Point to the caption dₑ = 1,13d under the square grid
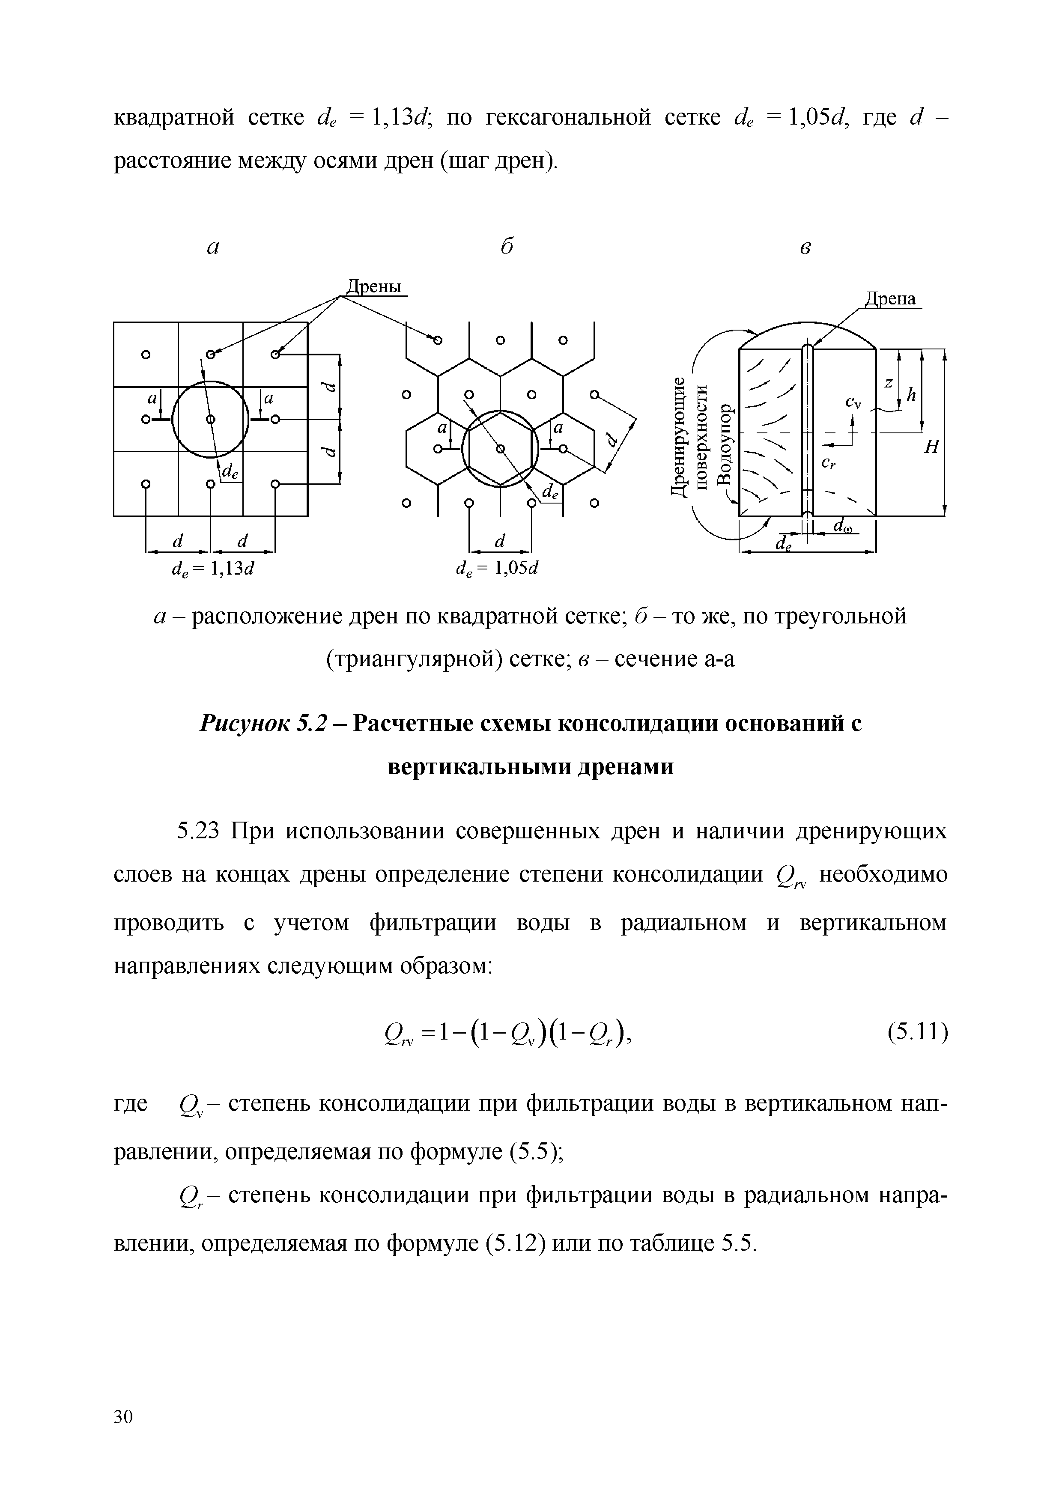[x=212, y=569]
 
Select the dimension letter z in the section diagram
[x=889, y=384]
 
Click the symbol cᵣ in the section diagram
[x=828, y=464]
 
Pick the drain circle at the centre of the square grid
[x=210, y=419]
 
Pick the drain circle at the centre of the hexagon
[x=501, y=449]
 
